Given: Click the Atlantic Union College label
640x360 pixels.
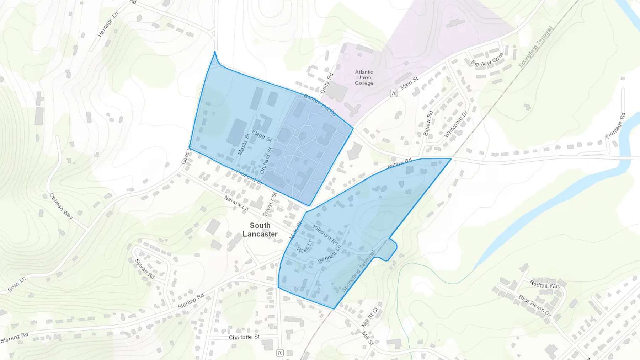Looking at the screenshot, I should (364, 77).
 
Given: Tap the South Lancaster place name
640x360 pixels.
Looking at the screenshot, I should (260, 230).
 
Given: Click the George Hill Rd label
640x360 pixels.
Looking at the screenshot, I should (320, 104).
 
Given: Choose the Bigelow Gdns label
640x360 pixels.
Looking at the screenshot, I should (487, 59).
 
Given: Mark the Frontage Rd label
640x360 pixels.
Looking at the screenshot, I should (615, 125).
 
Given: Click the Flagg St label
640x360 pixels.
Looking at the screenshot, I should (262, 135).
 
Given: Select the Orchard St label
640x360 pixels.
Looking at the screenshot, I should (266, 161).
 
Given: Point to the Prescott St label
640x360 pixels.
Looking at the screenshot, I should (249, 177).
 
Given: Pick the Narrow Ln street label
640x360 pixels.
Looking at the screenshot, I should (236, 203).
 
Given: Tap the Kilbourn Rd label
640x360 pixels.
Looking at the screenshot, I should (325, 234).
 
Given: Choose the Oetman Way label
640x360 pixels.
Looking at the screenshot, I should (61, 206).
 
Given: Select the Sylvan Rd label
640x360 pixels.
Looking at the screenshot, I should (145, 269).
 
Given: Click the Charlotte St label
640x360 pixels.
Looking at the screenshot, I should (244, 337).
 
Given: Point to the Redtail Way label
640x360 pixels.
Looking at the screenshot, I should (545, 284).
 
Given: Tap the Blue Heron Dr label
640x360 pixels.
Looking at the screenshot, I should (534, 305).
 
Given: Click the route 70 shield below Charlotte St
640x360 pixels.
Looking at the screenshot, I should (280, 353).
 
